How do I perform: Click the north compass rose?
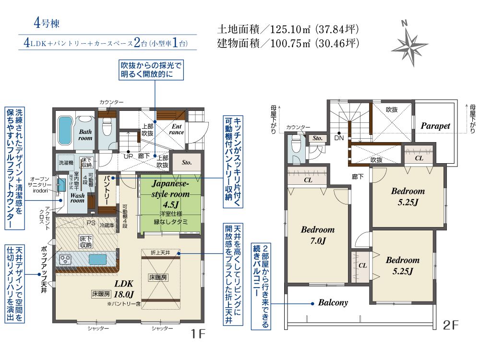pos(409,43)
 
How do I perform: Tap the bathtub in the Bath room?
pos(64,127)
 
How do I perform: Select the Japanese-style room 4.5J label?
pos(171,194)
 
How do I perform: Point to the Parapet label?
pos(435,126)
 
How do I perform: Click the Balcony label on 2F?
pos(333,303)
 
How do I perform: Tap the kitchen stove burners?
pos(65,260)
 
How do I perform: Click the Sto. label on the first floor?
pos(187,162)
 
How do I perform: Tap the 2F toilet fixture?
pos(296,144)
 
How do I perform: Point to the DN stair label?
pos(338,138)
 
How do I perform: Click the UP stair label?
pos(129,156)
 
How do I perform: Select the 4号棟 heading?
pos(47,23)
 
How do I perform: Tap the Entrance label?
pos(177,129)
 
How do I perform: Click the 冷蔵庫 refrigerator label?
pos(106,225)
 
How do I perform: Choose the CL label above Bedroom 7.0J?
pos(308,180)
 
